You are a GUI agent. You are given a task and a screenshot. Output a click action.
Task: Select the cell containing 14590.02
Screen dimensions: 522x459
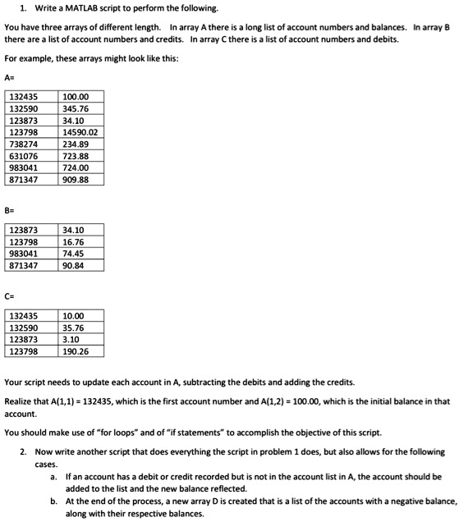[x=80, y=132]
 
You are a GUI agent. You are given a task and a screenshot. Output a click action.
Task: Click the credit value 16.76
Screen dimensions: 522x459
[x=73, y=241]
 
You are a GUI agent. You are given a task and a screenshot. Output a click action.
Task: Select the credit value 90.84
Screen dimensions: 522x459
[x=73, y=265]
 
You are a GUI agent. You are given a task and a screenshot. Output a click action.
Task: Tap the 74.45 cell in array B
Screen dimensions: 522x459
[x=73, y=254]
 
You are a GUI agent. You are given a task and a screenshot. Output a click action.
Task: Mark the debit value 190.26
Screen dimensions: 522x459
[x=76, y=351]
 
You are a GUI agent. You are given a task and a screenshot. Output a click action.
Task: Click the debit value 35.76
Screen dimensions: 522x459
[x=73, y=327]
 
